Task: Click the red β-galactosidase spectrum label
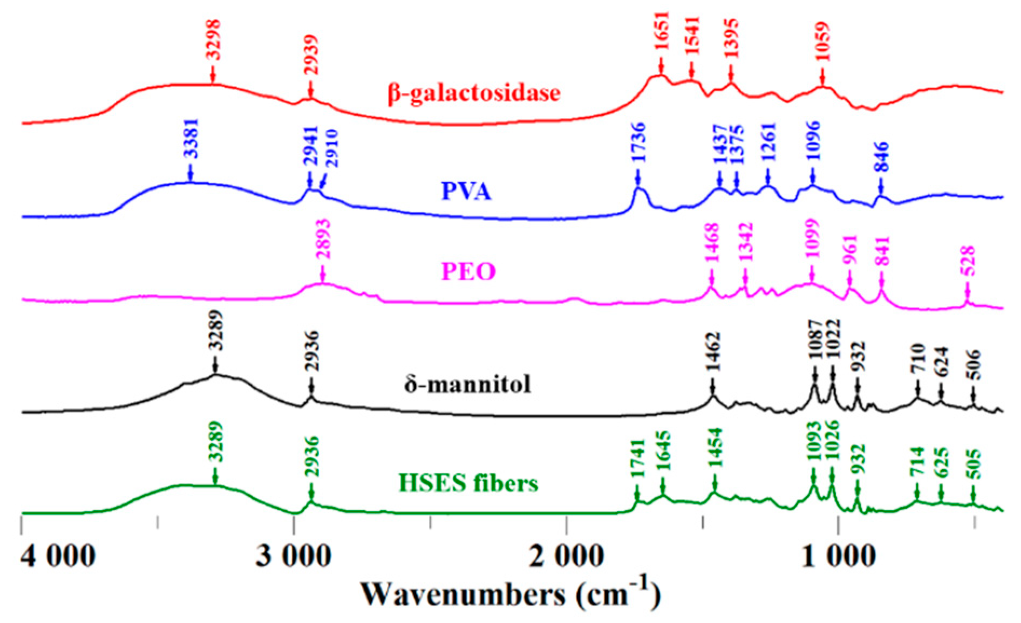click(474, 93)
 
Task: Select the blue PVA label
click(466, 191)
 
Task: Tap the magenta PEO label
click(468, 271)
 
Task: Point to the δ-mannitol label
click(467, 385)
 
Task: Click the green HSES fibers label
click(468, 483)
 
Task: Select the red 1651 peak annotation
click(661, 31)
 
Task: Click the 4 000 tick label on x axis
click(58, 556)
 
